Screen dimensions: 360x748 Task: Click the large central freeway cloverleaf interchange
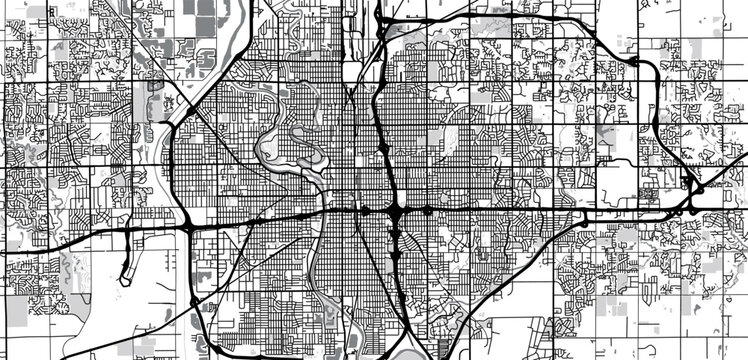point(397,211)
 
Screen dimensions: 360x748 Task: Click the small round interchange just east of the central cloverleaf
point(428,211)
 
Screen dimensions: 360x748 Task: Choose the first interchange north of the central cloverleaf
point(383,149)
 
